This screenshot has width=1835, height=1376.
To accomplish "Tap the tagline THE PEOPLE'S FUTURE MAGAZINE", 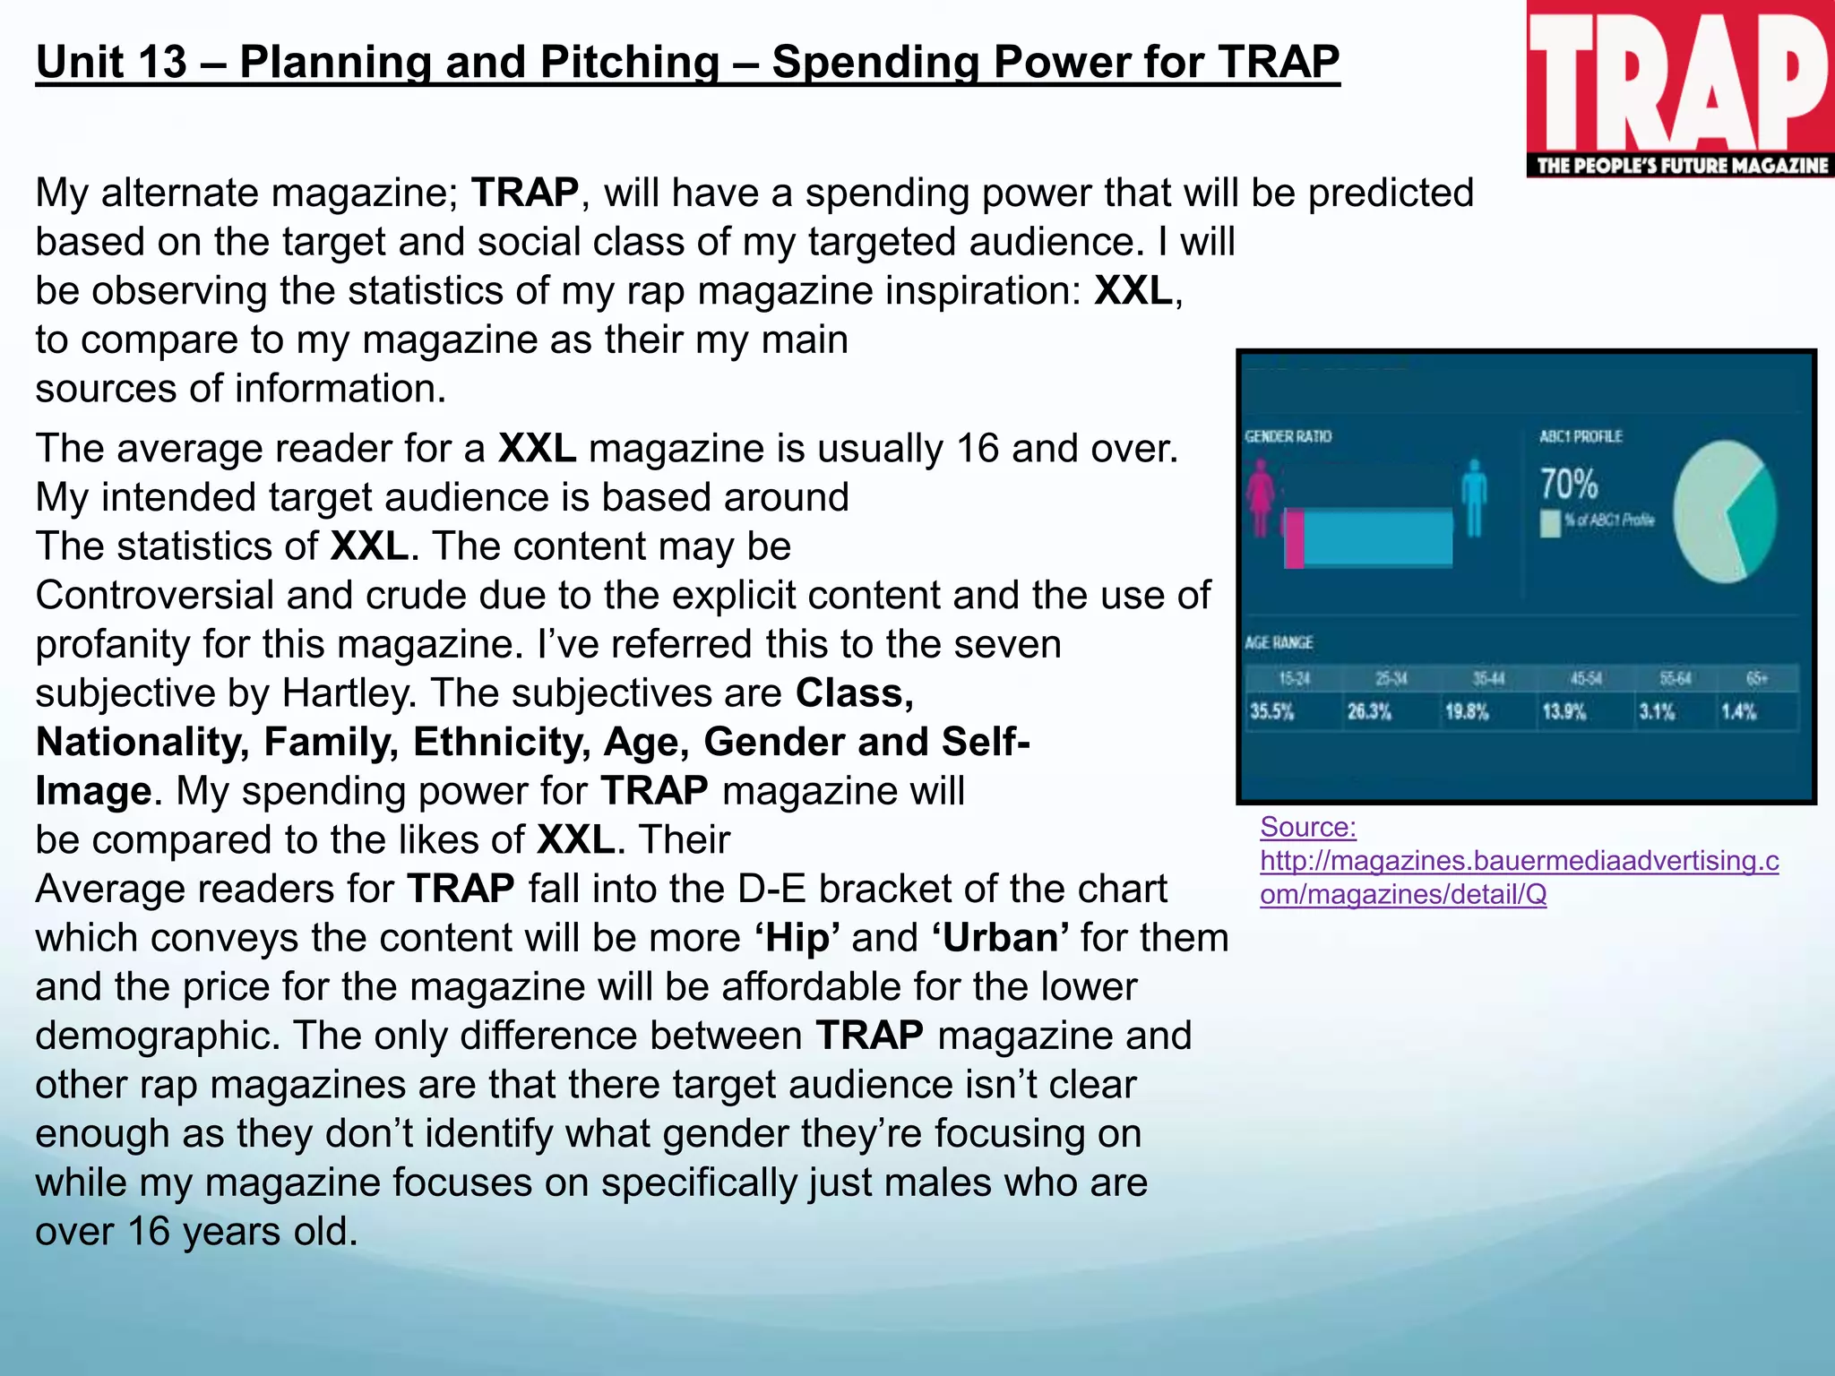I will point(1682,166).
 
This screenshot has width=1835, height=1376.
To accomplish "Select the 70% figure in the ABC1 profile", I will point(1569,485).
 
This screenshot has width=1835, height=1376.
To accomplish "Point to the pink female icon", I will point(1261,497).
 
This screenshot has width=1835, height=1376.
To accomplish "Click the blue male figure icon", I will point(1474,497).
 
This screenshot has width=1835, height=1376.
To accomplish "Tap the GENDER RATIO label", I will point(1288,436).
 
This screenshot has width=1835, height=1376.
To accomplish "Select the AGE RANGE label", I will point(1279,642).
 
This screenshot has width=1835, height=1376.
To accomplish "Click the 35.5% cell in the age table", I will point(1272,712).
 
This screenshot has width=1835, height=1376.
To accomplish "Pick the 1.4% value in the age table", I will point(1738,712).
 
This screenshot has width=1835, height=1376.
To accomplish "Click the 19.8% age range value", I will point(1467,712).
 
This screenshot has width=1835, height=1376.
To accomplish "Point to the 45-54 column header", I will point(1585,679).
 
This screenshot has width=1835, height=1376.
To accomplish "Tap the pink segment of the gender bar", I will point(1294,538).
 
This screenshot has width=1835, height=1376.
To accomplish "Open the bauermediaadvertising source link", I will point(1519,861).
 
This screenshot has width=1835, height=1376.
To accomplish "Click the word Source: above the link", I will point(1307,827).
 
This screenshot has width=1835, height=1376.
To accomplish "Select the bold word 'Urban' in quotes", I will point(1000,938).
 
